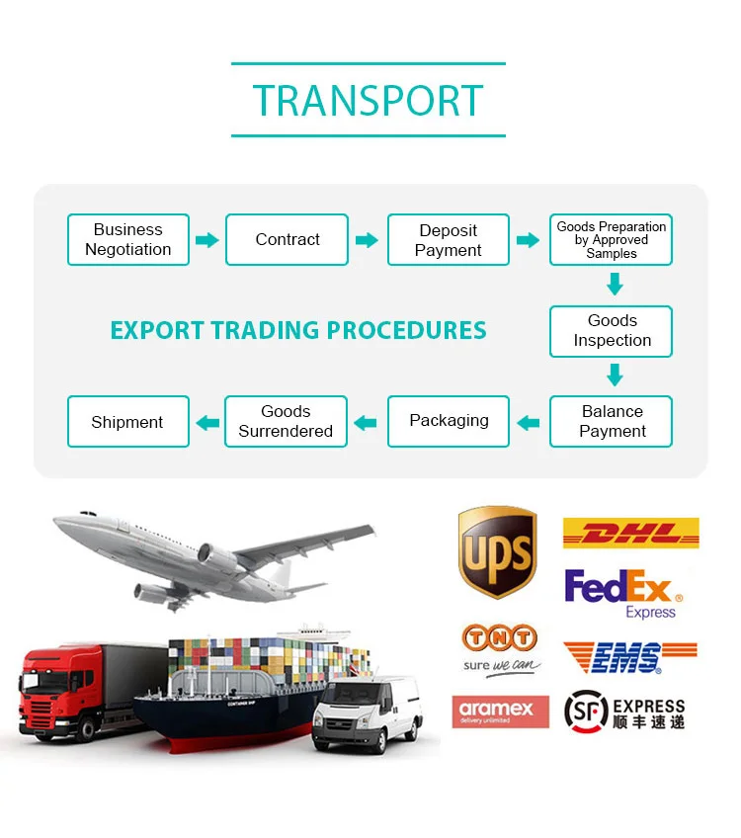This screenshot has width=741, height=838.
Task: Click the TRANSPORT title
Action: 368,101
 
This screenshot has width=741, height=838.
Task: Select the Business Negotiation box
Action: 127,240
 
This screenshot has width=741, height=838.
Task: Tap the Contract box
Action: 288,240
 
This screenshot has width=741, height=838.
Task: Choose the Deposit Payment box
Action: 449,240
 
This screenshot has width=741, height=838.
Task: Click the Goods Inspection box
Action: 612,331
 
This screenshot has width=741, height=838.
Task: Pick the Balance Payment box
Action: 612,422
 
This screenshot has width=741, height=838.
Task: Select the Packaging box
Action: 449,422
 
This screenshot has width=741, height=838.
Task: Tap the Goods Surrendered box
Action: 286,422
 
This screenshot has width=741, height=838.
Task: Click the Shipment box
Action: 127,422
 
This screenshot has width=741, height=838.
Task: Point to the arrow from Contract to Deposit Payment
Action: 367,240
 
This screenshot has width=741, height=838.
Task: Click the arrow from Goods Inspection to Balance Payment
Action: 615,376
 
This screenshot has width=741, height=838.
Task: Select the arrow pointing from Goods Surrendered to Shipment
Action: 206,423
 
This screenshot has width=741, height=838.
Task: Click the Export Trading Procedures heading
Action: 298,330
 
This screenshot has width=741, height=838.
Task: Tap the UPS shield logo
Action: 497,552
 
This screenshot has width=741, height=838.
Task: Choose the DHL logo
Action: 630,534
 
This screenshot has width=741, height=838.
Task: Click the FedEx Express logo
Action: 622,592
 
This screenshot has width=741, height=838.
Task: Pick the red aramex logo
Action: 500,712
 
